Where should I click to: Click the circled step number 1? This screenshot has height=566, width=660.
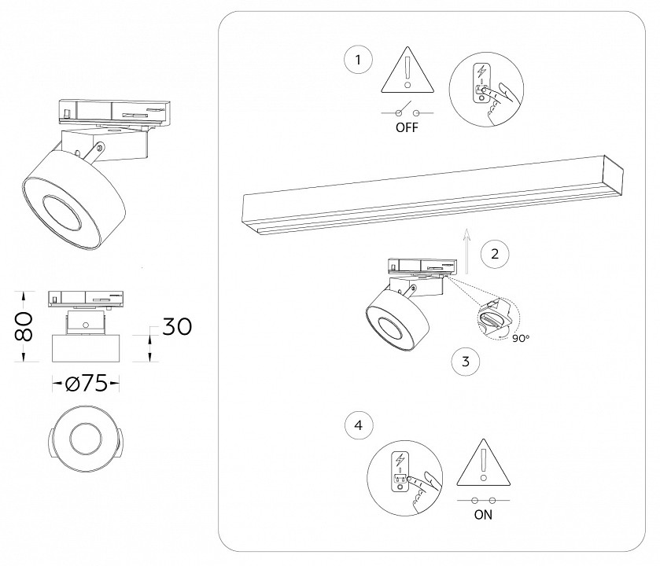click(x=358, y=60)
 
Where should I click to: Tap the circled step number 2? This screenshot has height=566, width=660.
click(x=494, y=253)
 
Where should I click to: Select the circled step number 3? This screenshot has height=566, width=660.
click(x=465, y=362)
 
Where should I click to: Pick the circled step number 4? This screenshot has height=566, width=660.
click(x=359, y=425)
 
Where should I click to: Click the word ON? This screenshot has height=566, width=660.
click(x=484, y=516)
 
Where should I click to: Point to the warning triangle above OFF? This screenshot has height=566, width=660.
click(x=407, y=70)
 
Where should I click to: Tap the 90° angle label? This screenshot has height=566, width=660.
click(x=520, y=338)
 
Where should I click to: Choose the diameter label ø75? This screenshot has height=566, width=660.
click(x=87, y=384)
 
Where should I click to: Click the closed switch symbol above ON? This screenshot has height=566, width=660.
click(x=483, y=501)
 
